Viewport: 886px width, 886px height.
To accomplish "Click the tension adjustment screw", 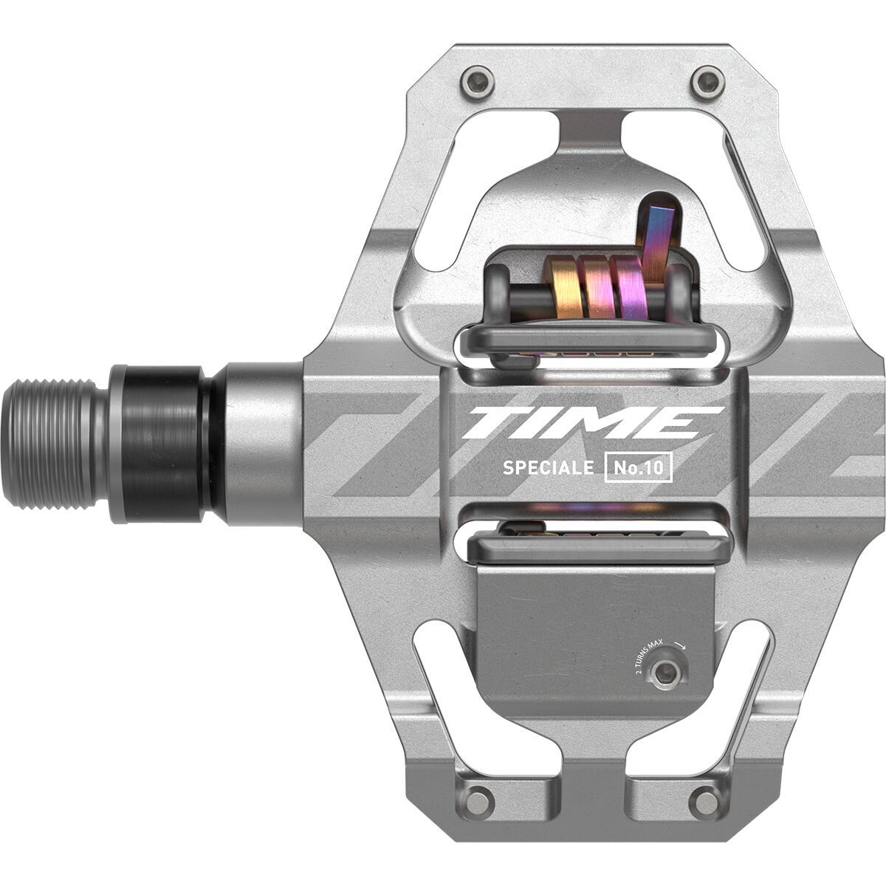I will (666, 671).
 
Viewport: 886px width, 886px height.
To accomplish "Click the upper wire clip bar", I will (587, 341).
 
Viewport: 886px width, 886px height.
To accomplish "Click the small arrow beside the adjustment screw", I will (680, 644).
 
